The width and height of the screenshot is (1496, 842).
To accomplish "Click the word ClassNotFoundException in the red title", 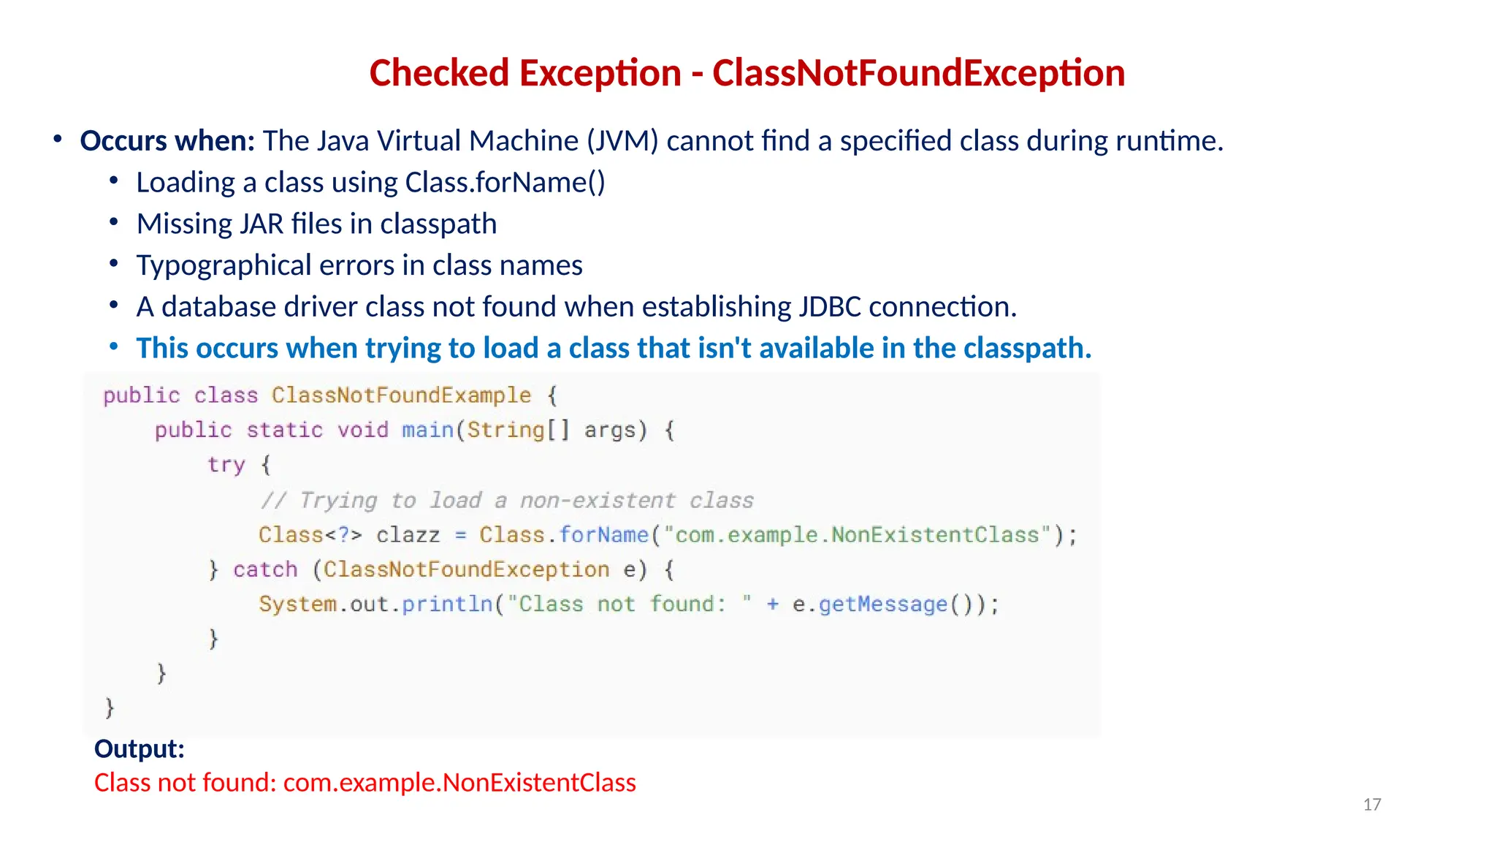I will click(918, 73).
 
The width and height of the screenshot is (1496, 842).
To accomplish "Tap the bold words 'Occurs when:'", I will click(167, 140).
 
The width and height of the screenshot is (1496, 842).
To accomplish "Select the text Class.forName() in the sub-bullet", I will click(505, 182).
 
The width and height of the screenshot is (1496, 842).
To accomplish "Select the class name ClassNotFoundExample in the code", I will click(401, 395).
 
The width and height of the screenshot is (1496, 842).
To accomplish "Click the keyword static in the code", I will click(284, 430).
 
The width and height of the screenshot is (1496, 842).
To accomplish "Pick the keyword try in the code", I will click(226, 465).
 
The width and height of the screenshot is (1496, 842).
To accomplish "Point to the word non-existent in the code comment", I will click(598, 500).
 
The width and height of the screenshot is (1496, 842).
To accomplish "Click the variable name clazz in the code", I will click(408, 535).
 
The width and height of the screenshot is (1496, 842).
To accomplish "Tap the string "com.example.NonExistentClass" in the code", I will click(857, 535).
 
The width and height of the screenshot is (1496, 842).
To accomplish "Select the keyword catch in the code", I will click(265, 569).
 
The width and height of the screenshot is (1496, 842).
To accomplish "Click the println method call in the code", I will click(447, 604).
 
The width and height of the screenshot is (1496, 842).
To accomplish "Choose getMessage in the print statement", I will click(882, 604).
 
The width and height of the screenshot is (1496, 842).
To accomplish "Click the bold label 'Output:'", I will click(139, 748).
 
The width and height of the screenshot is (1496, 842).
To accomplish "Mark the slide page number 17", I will click(1372, 805).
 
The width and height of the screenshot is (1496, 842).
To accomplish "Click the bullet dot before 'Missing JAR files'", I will click(113, 222).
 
